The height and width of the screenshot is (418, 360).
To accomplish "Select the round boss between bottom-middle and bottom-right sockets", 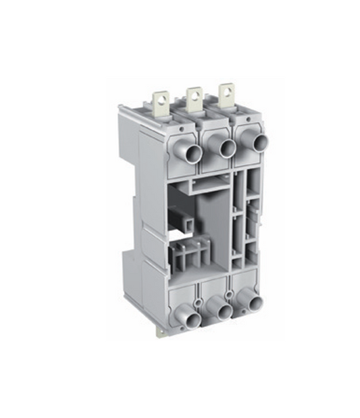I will click(232, 293).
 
